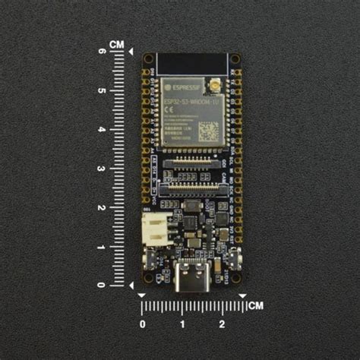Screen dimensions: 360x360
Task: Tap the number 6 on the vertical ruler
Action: point(101,52)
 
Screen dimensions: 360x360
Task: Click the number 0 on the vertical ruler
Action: point(101,284)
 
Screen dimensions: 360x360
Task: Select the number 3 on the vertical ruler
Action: point(101,168)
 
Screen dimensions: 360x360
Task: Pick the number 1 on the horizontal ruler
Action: point(182,325)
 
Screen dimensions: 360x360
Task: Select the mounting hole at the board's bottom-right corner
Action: point(235,287)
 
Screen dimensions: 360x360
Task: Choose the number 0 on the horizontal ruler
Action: point(143,325)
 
